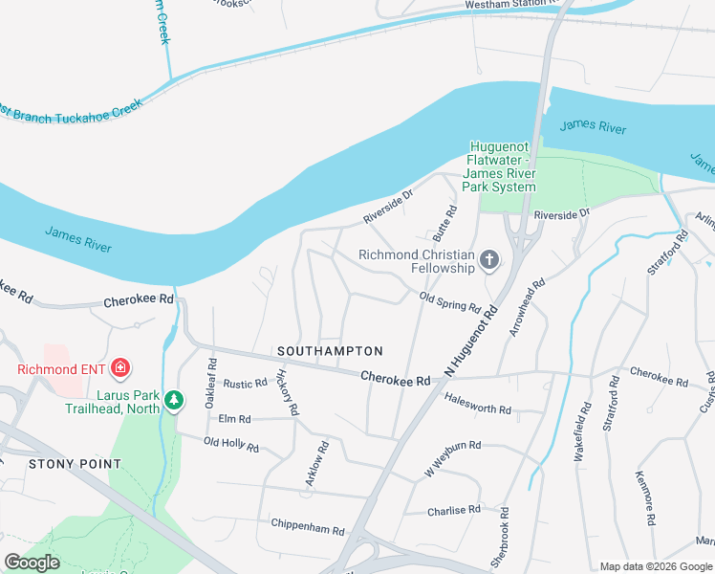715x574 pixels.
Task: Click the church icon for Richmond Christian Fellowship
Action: pos(489,259)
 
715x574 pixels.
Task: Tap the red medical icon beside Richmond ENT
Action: pos(121,367)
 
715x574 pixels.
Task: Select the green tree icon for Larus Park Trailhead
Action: pos(173,399)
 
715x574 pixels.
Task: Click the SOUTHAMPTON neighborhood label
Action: pos(330,351)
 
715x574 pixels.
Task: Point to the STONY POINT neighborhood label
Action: pos(75,464)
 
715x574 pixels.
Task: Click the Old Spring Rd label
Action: pos(449,301)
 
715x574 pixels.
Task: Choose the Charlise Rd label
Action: pos(454,510)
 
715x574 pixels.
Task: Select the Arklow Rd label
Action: pos(317,464)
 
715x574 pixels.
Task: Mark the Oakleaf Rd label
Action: pos(211,384)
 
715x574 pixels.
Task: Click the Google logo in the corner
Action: pos(32,563)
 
